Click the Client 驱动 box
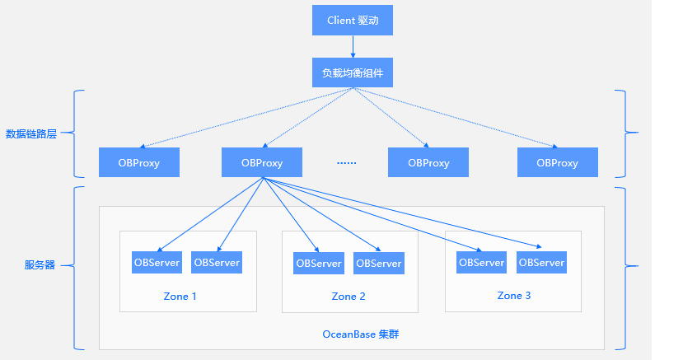pos(353,20)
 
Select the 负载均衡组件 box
pos(353,72)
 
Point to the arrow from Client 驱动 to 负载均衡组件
pos(353,46)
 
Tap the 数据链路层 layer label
pos(31,133)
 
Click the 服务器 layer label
pos(40,265)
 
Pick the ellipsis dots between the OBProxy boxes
pos(346,163)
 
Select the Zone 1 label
pos(180,297)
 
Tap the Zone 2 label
pos(348,297)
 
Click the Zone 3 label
pos(514,296)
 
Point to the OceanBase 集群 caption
pos(361,334)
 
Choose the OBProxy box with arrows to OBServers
pos(262,162)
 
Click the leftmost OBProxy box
pos(139,162)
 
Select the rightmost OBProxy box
pos(558,162)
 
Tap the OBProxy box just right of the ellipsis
pos(428,162)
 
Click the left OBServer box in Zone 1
pos(157,262)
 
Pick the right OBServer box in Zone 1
pos(217,262)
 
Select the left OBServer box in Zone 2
pos(319,263)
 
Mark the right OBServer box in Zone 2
pos(379,263)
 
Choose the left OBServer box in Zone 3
pos(481,262)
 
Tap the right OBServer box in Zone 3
pos(541,262)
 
